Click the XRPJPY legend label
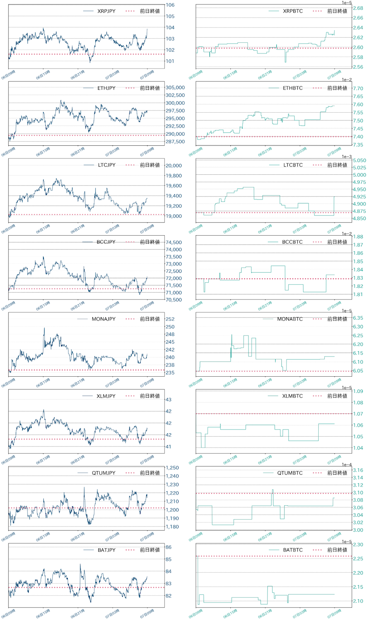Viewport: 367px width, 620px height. coord(106,11)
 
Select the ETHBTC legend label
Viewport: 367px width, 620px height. coord(293,88)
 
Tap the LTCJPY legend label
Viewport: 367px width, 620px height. coord(106,165)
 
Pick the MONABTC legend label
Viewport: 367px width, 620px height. coord(290,319)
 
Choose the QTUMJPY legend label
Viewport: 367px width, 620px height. coord(103,473)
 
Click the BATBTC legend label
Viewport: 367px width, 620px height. coord(293,550)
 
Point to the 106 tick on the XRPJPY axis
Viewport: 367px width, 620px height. coord(170,5)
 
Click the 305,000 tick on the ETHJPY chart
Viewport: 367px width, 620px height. coord(175,88)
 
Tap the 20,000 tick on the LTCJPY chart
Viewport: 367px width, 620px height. coord(173,165)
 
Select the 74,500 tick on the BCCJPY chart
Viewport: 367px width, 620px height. coord(173,243)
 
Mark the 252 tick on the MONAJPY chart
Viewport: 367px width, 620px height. coord(170,319)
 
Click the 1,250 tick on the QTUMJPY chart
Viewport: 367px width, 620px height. coord(172,468)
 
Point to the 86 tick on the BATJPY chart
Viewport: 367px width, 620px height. coord(168,547)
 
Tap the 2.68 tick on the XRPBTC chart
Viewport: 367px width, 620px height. coord(358,8)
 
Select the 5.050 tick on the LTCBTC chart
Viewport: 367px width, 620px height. coord(359,160)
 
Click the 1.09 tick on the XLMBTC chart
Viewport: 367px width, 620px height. coord(358,391)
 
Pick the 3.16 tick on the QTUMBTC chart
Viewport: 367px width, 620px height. coord(358,470)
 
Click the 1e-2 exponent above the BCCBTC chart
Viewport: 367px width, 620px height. coord(347,234)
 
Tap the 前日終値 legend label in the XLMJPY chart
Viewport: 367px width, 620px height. coord(150,396)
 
